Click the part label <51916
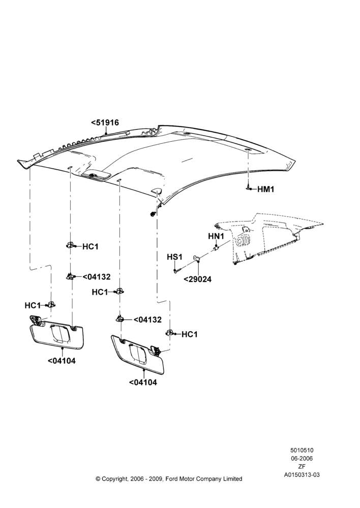coord(105,122)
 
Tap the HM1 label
coord(265,189)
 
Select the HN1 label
coord(216,236)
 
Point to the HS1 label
coord(174,257)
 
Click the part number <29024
coord(197,279)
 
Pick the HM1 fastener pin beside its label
coord(249,188)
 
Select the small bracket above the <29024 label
coord(197,258)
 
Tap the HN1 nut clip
coord(216,248)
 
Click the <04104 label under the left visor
coord(62,361)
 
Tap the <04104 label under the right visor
coord(143,383)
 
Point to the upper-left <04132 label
coord(96,277)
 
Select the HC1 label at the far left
coord(33,305)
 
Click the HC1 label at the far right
coord(189,334)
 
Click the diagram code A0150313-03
coord(302,474)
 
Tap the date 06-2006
coord(302,458)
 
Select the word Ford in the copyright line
coord(173,479)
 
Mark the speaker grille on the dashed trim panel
coord(242,241)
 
